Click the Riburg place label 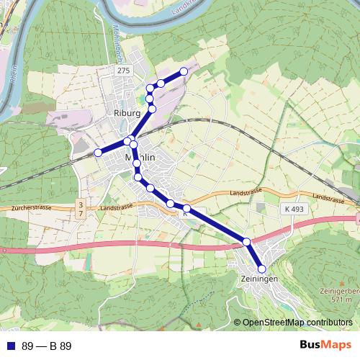coord(126,113)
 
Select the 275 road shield coord(124,70)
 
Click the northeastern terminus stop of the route coord(184,71)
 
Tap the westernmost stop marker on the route coord(98,153)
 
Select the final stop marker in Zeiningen coord(262,269)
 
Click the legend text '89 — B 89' coord(47,346)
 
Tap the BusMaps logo coord(325,346)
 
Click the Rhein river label coord(14,76)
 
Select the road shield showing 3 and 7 coord(81,210)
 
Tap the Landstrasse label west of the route coord(118,208)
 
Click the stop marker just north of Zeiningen coord(246,242)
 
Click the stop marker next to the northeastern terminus coord(161,84)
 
